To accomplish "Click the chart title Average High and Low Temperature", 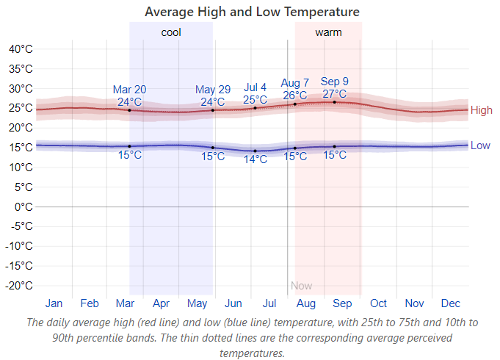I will (x=252, y=12).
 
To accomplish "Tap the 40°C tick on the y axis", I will (x=21, y=49).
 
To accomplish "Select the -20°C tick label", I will (x=18, y=285).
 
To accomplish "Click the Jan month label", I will (x=54, y=303).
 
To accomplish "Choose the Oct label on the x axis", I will (x=378, y=303).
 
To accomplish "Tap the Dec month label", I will (x=450, y=303).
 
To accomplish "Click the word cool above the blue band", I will (x=171, y=32).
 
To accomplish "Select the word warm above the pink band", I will (x=328, y=32).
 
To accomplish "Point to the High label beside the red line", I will (x=482, y=110).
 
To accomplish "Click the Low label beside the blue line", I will (x=480, y=145).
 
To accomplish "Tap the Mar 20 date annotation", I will (x=129, y=90).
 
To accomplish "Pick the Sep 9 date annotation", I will (x=335, y=82).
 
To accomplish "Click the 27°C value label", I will (x=335, y=93).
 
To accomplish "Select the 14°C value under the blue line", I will (x=255, y=159).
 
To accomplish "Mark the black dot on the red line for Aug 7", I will (x=295, y=104).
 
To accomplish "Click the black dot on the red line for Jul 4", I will (x=255, y=108).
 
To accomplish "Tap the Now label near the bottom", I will (x=301, y=286).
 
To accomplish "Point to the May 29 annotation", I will (x=213, y=90).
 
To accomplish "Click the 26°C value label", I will (x=295, y=95).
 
